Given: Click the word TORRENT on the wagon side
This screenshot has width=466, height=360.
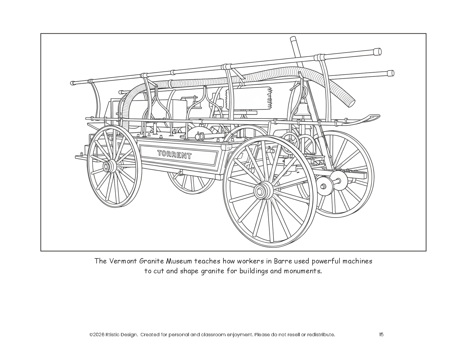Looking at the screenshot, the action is click(174, 155).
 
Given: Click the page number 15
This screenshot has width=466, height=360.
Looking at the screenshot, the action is click(381, 334).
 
